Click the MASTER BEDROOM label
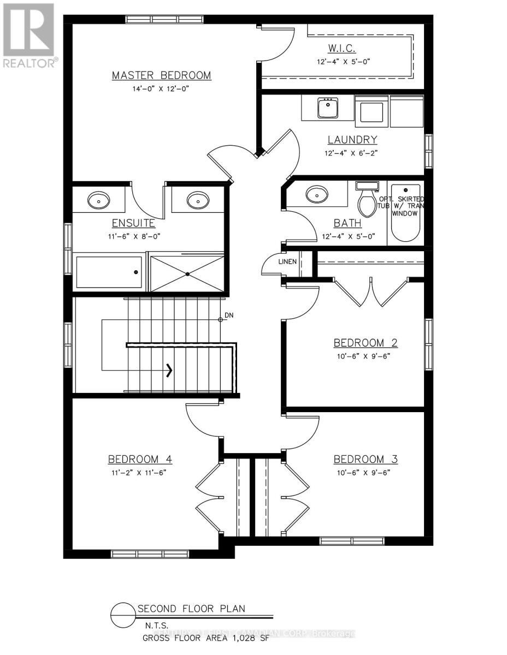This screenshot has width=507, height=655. tap(161, 75)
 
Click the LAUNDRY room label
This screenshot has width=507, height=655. tap(352, 140)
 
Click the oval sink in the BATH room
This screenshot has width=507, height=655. tap(316, 193)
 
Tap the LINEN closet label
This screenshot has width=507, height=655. tap(287, 261)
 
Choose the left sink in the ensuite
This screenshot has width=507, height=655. tap(98, 200)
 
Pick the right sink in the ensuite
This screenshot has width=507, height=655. tap(196, 200)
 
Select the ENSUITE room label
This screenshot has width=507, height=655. tap(133, 223)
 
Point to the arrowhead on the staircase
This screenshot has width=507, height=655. tap(170, 371)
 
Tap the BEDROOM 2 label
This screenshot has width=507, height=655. tap(365, 343)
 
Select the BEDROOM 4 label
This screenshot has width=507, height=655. tap(140, 458)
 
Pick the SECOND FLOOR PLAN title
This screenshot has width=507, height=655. tap(191, 608)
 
